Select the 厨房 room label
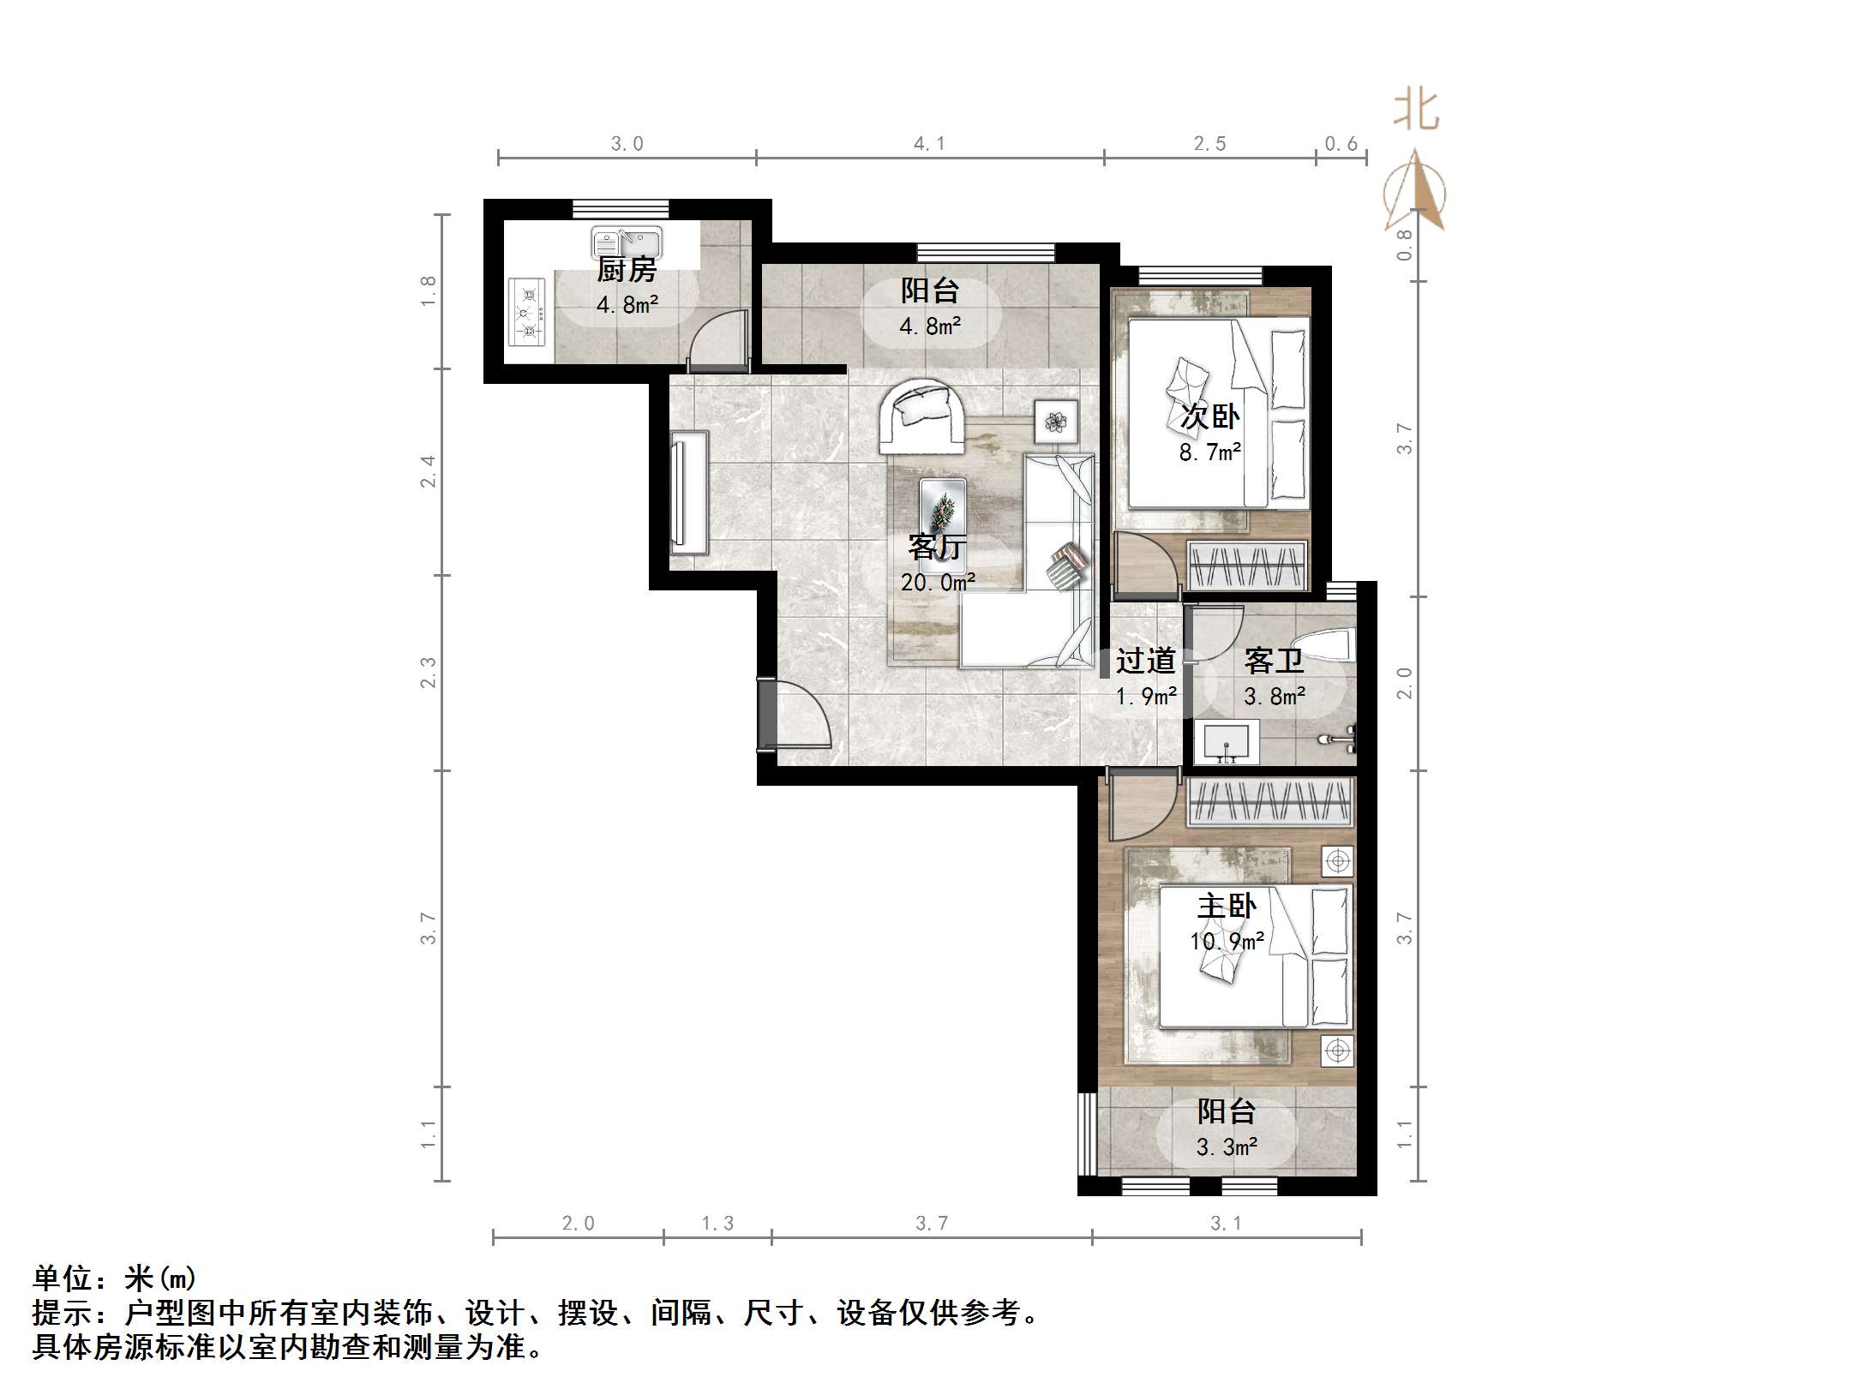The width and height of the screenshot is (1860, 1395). click(x=627, y=270)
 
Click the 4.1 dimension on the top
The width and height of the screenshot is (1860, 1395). click(x=929, y=144)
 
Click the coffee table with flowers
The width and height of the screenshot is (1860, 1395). click(x=942, y=516)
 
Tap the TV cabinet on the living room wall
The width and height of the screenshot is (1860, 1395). click(x=690, y=488)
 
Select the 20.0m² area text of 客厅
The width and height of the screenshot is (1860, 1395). click(x=938, y=583)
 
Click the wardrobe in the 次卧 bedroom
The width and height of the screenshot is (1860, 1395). click(x=1247, y=566)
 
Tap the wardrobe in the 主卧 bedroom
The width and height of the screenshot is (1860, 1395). click(x=1269, y=802)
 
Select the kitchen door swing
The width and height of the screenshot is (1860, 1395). click(x=718, y=339)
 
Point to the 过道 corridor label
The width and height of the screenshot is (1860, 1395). click(x=1145, y=661)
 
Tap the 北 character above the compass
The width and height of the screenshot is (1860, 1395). click(x=1415, y=111)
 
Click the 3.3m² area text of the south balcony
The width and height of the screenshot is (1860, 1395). click(x=1227, y=1147)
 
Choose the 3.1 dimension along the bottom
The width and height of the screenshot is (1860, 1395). click(x=1226, y=1224)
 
